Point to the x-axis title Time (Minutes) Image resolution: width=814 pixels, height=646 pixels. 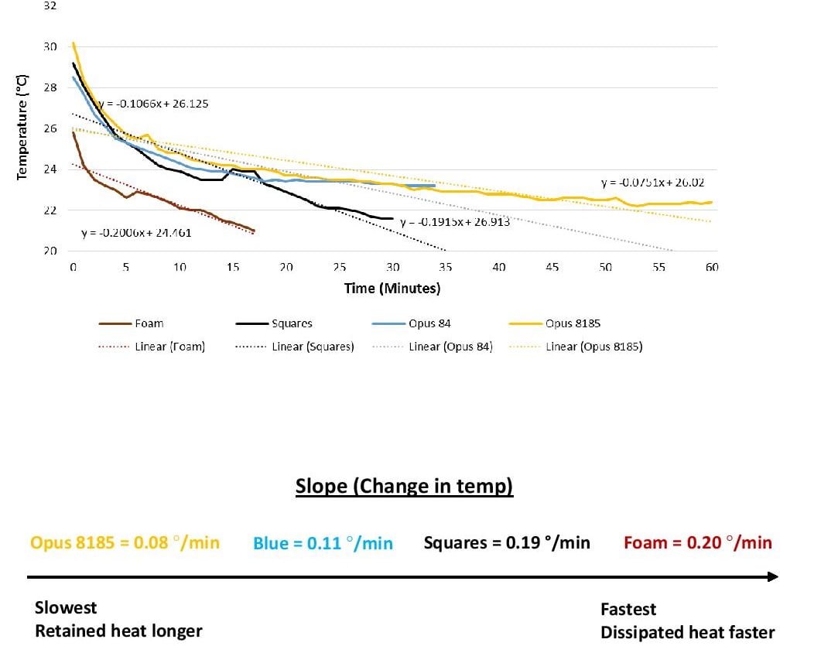392,289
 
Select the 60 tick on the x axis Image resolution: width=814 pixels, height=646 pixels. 712,267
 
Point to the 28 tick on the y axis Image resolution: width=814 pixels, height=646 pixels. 51,87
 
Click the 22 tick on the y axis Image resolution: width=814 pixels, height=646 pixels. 51,210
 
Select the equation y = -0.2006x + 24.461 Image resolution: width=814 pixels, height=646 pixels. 136,233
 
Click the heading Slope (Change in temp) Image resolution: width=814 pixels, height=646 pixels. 404,487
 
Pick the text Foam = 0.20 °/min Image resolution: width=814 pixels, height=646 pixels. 697,542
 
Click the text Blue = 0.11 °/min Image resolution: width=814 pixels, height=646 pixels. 323,543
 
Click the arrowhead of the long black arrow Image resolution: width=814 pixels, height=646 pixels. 771,577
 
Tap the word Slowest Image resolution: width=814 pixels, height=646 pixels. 67,607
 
